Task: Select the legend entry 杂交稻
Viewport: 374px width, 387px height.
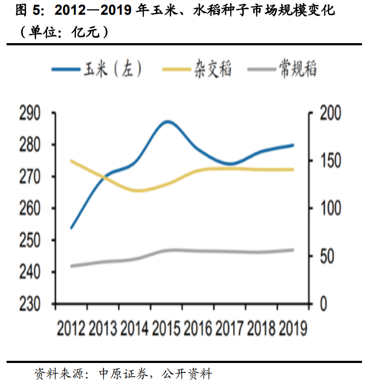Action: click(197, 69)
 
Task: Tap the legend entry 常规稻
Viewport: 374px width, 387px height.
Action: click(282, 69)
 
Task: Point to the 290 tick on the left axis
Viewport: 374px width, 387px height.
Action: click(30, 114)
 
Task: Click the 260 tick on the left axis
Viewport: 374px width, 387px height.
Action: click(30, 209)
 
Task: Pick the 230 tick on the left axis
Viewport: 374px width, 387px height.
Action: click(30, 304)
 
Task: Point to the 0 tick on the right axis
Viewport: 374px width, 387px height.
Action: click(324, 304)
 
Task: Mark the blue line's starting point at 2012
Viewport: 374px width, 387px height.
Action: click(72, 228)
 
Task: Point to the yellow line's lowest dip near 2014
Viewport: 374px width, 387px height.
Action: click(137, 191)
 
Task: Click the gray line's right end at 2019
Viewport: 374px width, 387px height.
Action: click(293, 250)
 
